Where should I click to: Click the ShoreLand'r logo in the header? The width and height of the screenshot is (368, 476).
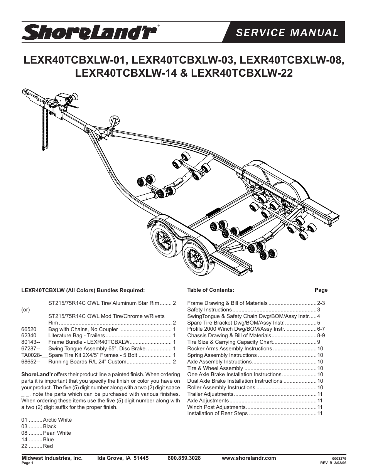pos(89,32)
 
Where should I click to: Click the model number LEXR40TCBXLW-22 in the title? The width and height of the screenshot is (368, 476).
pos(242,73)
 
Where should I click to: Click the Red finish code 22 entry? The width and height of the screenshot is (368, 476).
pos(37,446)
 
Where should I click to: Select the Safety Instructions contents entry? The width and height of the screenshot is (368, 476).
pos(209,309)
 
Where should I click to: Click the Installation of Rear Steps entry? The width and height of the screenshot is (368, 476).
pos(218,413)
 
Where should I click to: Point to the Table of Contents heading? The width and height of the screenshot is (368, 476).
pos(211,290)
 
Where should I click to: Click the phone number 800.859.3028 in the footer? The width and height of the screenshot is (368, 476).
pos(184,458)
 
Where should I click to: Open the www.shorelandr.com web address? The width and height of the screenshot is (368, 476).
pos(249,458)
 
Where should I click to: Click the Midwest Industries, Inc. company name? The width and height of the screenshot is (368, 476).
pos(52,458)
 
